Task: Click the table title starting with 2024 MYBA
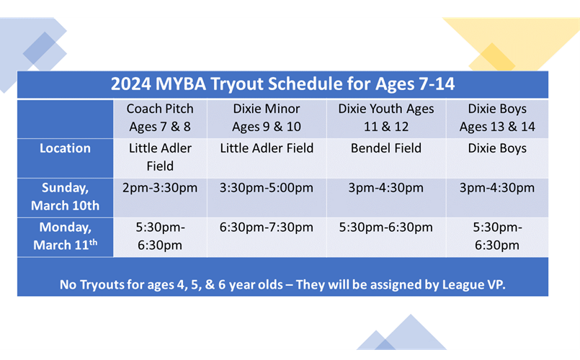(282, 84)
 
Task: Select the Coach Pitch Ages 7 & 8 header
(160, 117)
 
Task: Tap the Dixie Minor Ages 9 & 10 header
(267, 117)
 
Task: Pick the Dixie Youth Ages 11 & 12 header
(385, 117)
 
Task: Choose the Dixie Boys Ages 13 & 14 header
(497, 117)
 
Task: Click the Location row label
(65, 148)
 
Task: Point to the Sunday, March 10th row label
(65, 197)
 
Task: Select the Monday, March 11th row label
(65, 236)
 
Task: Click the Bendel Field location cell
(385, 148)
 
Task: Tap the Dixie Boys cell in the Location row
(497, 148)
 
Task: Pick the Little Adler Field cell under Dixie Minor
(267, 148)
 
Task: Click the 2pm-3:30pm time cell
(160, 188)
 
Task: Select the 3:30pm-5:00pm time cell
(267, 188)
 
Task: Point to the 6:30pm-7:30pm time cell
(267, 228)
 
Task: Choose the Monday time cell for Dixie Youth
(385, 228)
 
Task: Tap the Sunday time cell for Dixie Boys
(497, 188)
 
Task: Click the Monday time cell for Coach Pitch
(160, 236)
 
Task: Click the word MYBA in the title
(181, 84)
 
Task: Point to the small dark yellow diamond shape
(492, 58)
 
